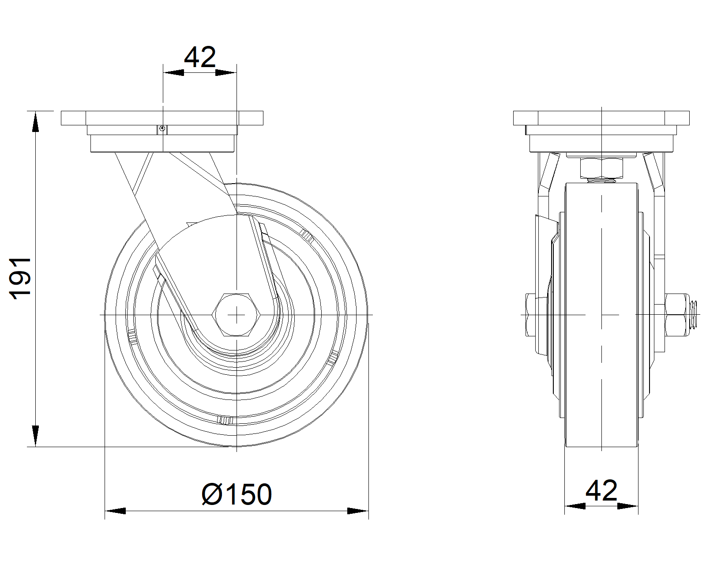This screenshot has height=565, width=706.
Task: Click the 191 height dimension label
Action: [20, 279]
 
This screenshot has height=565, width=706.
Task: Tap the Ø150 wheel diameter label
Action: [237, 494]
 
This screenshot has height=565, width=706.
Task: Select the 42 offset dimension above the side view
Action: [200, 57]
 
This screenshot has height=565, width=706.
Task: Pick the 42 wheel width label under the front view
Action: [601, 491]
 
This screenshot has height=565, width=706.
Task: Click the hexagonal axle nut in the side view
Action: [236, 315]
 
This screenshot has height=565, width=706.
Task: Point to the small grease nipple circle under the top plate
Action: [162, 129]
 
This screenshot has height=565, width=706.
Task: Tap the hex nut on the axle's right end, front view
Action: [676, 315]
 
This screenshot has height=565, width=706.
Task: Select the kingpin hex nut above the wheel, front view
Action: [601, 168]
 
